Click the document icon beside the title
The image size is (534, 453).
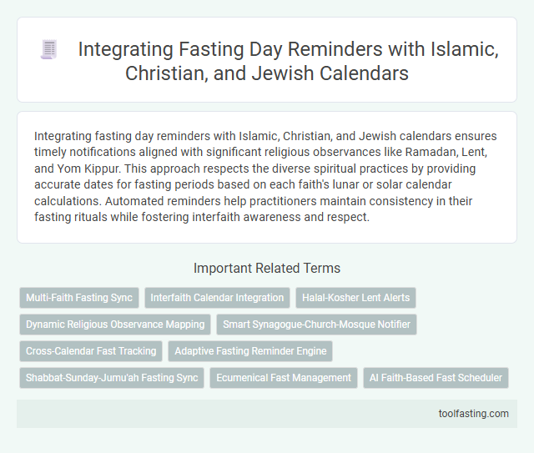point(48,50)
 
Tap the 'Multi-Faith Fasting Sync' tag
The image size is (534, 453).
point(78,297)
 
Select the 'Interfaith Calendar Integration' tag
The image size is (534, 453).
point(216,297)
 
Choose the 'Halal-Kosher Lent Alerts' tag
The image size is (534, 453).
point(355,297)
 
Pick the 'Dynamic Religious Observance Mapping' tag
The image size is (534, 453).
point(115,324)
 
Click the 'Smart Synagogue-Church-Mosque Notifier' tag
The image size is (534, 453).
point(317,324)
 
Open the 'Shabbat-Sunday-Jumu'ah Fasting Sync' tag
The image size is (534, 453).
point(112,378)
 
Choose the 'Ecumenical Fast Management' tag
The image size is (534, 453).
point(284,378)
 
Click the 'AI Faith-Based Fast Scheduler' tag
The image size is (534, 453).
point(436,378)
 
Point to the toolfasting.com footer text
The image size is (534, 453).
point(473,413)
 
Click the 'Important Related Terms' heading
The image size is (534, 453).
point(267,269)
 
